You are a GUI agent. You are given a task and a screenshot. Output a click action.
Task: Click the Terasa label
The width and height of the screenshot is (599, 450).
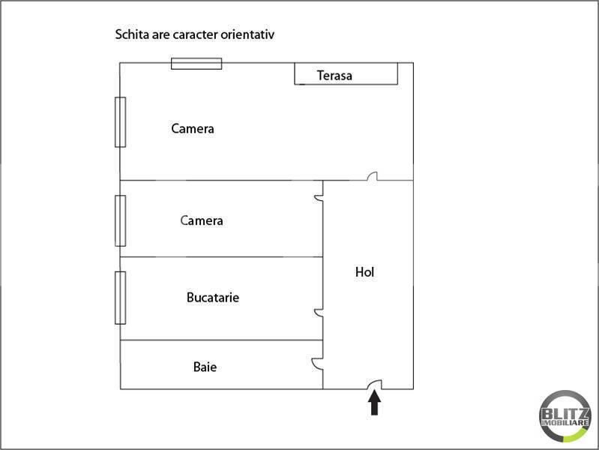(x=334, y=75)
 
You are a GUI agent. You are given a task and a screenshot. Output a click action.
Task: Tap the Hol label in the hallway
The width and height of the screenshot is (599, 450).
(x=364, y=271)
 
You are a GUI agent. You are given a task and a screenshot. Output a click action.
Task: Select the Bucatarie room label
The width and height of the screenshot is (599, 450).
(x=213, y=297)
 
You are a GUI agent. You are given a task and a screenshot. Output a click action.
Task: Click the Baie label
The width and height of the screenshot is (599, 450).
(x=205, y=367)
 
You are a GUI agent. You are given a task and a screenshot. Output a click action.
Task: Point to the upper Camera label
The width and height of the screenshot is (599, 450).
(x=193, y=128)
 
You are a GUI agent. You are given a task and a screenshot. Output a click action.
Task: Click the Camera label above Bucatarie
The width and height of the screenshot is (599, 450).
(x=202, y=220)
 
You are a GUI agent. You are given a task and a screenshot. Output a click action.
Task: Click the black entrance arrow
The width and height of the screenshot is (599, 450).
(x=374, y=402)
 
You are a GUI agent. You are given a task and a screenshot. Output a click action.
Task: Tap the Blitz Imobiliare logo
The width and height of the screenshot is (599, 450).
(x=565, y=416)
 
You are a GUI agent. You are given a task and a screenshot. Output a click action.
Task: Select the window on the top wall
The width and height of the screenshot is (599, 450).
(x=196, y=64)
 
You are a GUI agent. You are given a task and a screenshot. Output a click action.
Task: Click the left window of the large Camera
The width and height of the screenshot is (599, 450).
(x=121, y=122)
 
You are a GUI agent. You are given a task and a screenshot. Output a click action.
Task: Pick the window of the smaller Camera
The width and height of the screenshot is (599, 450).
(x=121, y=220)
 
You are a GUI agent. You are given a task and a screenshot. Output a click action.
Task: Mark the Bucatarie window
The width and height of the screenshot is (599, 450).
(x=121, y=298)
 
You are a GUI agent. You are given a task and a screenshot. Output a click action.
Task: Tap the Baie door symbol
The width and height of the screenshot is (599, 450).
(x=316, y=363)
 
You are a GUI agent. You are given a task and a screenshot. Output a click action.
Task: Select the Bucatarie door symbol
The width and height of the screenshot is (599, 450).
(x=319, y=313)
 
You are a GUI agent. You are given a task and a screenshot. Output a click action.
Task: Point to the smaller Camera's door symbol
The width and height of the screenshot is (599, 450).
(x=319, y=198)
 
